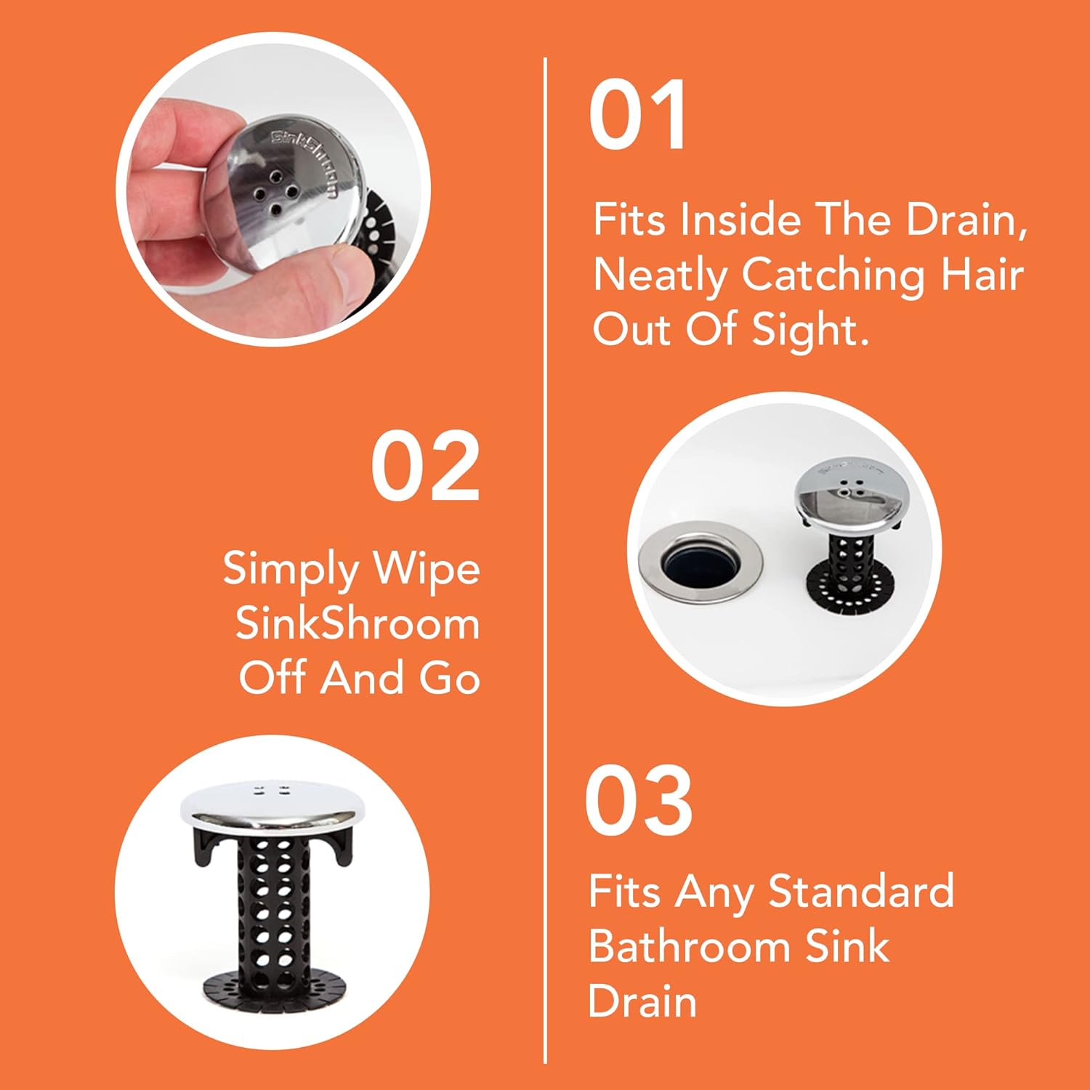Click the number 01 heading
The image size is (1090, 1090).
(637, 115)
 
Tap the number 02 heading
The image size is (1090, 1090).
(425, 466)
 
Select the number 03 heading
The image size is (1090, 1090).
(638, 802)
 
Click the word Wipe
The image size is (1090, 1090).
(426, 569)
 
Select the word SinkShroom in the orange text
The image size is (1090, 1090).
(357, 623)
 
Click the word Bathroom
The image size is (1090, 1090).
(688, 946)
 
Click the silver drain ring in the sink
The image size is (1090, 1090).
(701, 562)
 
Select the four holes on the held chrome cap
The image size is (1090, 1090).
(275, 193)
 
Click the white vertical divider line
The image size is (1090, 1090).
(545, 560)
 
